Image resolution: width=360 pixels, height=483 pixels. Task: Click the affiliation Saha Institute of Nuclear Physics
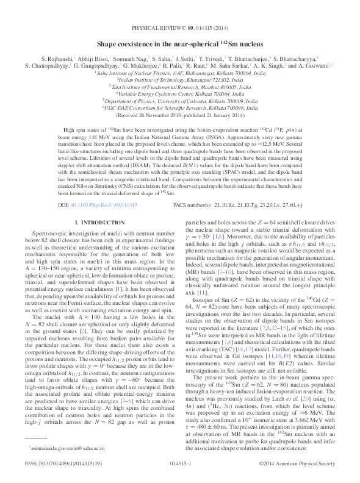[x=179, y=72]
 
